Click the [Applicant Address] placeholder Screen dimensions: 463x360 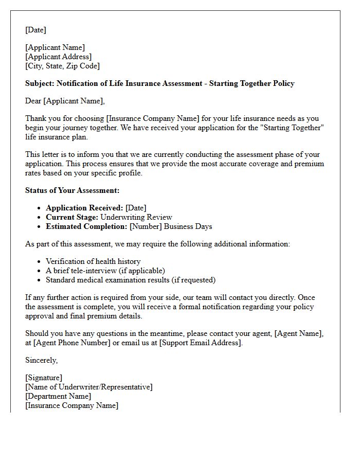58,57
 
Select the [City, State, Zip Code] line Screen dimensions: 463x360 62,66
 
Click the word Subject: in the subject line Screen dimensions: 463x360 40,83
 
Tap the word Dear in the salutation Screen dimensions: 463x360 33,101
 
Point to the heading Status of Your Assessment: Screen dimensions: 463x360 72,190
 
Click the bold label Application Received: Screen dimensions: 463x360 84,208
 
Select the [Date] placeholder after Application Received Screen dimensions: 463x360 136,208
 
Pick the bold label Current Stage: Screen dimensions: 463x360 72,217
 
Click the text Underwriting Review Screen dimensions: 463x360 136,217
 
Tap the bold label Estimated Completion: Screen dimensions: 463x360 86,226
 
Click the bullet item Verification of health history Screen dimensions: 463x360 93,261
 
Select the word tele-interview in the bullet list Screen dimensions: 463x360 87,271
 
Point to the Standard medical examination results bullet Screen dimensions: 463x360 131,280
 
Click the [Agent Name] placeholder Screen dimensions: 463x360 299,333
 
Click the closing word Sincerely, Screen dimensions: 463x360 41,360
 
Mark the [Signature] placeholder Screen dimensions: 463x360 44,378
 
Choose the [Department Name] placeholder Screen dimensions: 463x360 58,396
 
